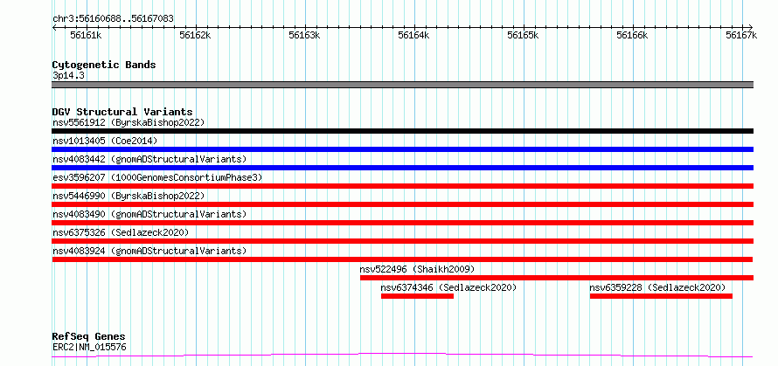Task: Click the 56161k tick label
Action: tap(86, 35)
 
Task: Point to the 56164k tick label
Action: tap(413, 35)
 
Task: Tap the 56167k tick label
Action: tap(741, 35)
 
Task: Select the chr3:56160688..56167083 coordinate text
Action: tap(113, 19)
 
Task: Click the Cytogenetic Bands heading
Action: tap(104, 65)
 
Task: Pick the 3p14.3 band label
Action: tap(67, 76)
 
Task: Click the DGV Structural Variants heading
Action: tap(122, 112)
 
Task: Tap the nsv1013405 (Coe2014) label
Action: tap(105, 141)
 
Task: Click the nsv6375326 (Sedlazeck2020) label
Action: tap(121, 232)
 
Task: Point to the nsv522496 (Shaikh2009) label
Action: tap(417, 269)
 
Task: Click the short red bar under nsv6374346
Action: tap(417, 296)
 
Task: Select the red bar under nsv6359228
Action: tap(661, 296)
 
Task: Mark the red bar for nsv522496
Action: tap(557, 278)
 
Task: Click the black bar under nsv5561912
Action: tap(402, 131)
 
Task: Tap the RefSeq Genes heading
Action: tap(89, 337)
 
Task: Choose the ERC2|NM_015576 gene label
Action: tap(89, 347)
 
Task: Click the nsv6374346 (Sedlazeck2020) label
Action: tap(448, 287)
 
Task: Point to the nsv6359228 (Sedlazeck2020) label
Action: tap(657, 287)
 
